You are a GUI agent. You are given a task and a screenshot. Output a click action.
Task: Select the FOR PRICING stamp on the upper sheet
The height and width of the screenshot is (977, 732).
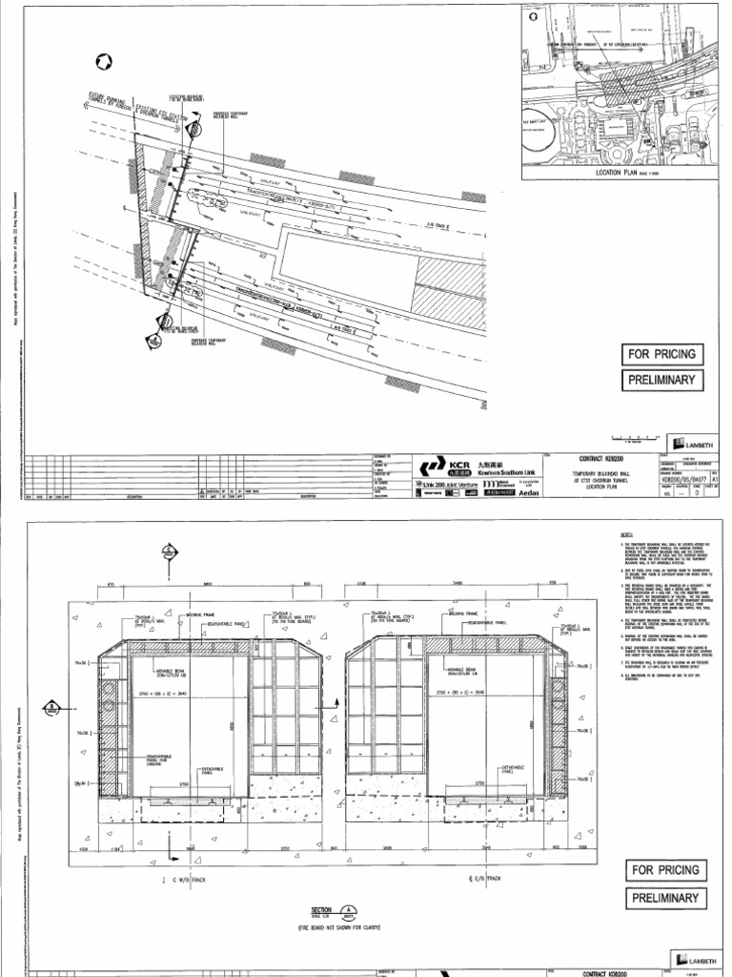[x=661, y=354]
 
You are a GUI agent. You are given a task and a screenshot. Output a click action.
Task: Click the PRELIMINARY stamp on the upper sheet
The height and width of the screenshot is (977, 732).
[x=661, y=381]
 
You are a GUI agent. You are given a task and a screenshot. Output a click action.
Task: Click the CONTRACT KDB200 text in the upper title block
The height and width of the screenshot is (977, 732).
[x=595, y=457]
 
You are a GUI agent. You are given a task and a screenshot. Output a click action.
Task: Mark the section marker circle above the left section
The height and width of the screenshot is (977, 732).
[x=168, y=551]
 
